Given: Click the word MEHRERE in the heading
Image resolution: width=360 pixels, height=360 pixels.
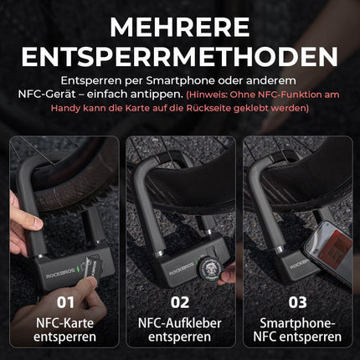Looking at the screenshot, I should (x=179, y=25).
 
